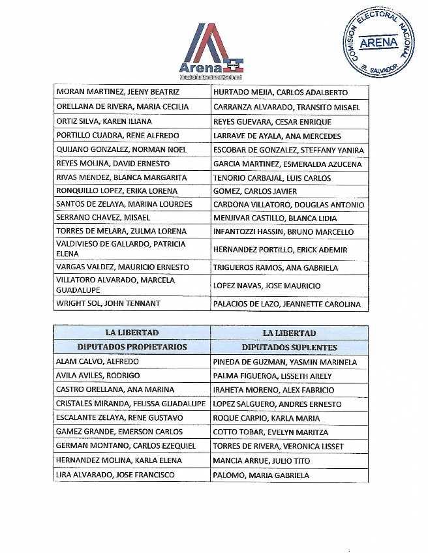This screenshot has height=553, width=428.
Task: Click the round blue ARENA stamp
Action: tap(378, 43)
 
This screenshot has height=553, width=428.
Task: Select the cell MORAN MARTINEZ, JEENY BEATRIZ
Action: tap(117, 93)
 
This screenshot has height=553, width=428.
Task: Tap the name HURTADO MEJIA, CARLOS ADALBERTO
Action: tap(281, 93)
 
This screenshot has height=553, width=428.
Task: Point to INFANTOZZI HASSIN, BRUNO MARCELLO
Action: tap(283, 232)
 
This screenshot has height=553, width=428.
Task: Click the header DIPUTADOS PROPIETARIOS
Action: tap(132, 347)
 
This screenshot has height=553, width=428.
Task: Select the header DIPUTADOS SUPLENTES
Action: tap(289, 347)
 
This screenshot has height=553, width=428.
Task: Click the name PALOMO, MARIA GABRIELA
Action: tap(261, 475)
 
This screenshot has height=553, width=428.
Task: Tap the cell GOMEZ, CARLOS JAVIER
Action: tap(255, 191)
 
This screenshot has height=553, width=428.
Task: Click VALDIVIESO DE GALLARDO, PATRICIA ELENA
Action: tap(121, 249)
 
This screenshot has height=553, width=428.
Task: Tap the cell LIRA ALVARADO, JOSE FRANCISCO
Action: tap(115, 475)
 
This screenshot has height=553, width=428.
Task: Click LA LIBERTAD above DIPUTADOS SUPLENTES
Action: tap(289, 333)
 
